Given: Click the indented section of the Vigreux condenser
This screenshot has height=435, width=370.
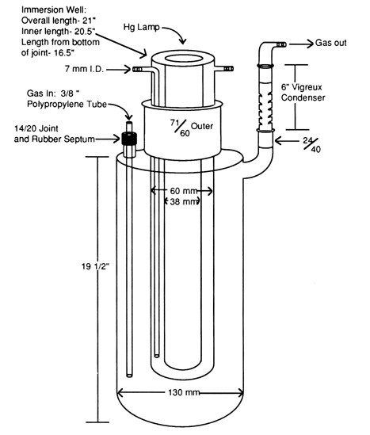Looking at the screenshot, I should pyautogui.click(x=264, y=102).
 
